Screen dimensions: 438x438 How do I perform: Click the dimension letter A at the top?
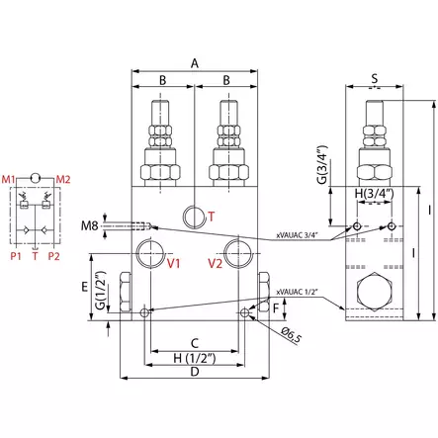(195, 62)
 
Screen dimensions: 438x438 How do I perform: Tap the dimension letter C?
(195, 342)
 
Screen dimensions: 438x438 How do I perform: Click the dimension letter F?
(276, 307)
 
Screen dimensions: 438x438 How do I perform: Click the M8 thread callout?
(117, 227)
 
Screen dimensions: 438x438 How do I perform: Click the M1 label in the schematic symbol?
(19, 178)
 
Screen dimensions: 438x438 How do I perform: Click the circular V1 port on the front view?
(151, 251)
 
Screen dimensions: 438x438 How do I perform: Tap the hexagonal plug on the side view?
(375, 294)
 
